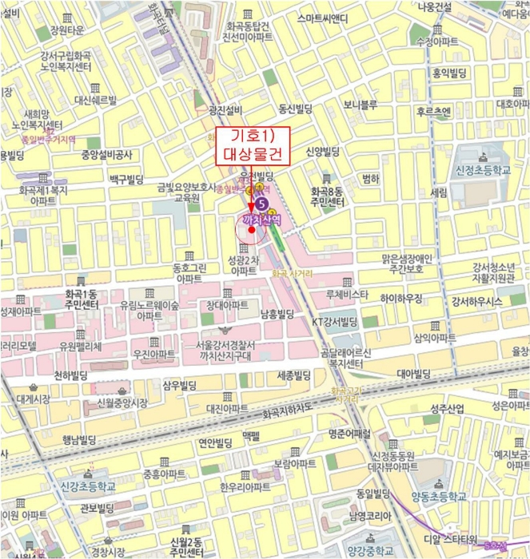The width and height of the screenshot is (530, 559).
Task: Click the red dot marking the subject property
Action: point(252,230)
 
